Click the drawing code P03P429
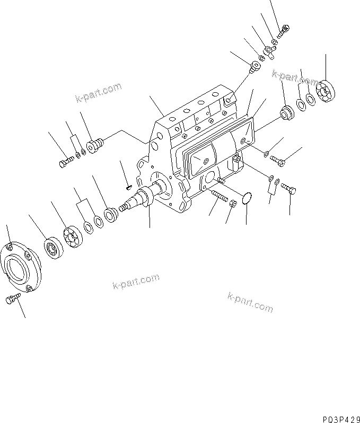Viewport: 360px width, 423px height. [339, 417]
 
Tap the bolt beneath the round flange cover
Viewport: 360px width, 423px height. [12, 301]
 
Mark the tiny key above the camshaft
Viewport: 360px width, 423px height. [128, 186]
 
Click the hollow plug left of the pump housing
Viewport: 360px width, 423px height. [95, 144]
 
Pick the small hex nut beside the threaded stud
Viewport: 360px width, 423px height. [232, 201]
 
